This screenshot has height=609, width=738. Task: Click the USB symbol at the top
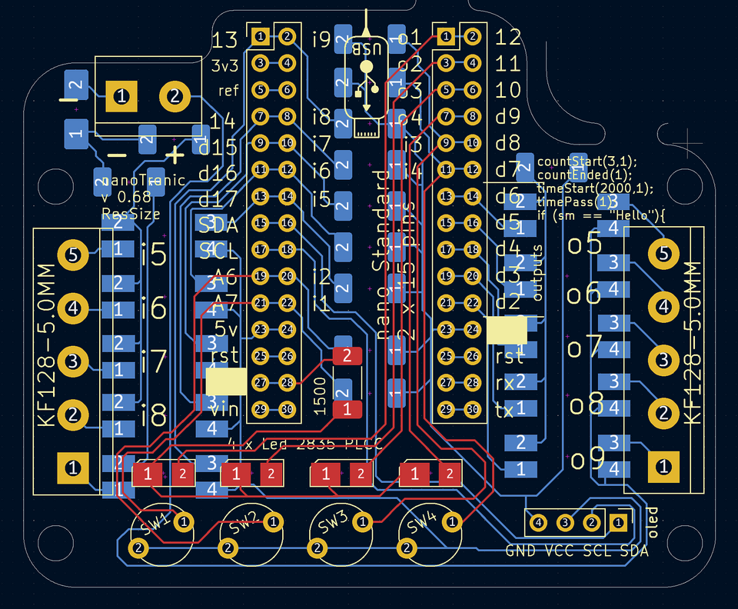click(367, 77)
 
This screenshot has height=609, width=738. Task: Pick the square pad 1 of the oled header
click(617, 523)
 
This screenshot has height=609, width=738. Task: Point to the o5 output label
click(584, 244)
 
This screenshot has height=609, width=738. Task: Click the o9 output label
click(588, 459)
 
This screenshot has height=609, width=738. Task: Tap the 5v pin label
click(225, 329)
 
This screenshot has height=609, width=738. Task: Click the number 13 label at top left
click(225, 40)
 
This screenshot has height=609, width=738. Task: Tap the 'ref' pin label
click(228, 91)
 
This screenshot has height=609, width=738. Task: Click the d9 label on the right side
click(508, 117)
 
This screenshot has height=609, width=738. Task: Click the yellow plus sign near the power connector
click(175, 155)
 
